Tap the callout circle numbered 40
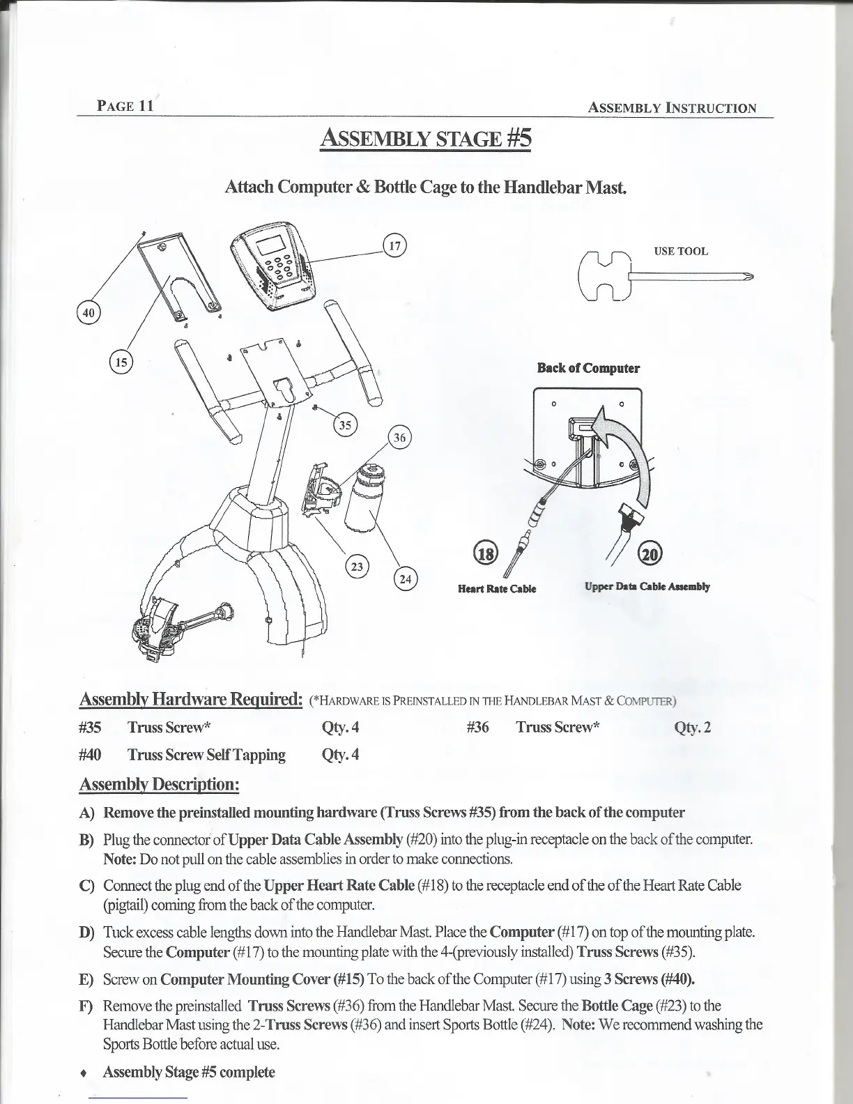(88, 312)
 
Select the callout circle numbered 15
(121, 362)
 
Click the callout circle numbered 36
(399, 438)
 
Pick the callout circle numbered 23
(358, 566)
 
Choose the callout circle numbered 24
(405, 578)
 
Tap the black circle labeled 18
(485, 553)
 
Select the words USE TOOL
(680, 252)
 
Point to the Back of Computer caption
(588, 368)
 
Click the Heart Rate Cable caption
(496, 588)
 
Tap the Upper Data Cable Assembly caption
(647, 587)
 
